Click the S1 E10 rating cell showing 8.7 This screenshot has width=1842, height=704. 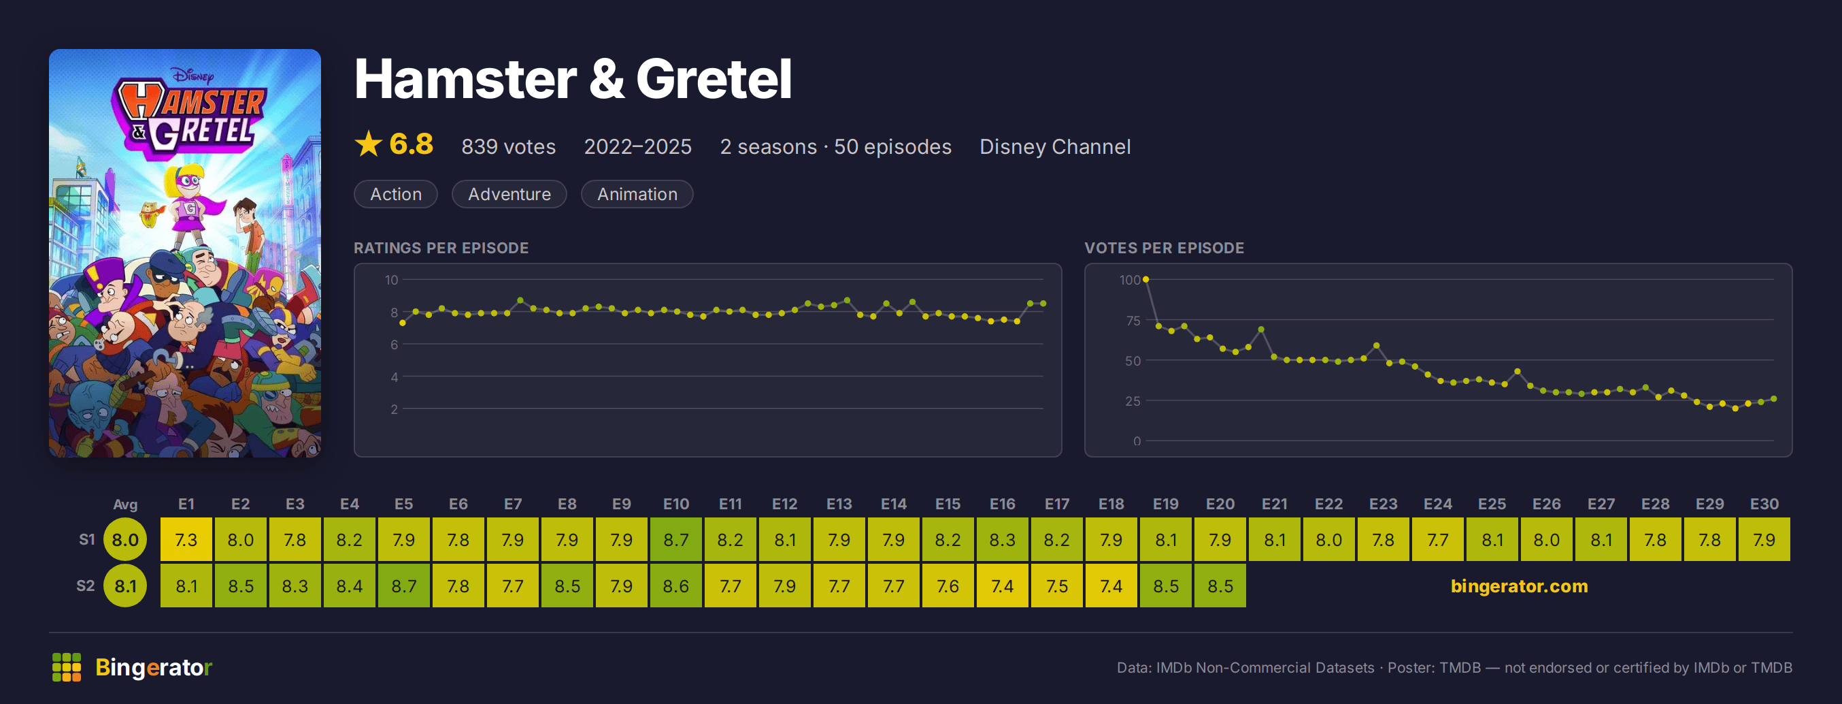coord(675,539)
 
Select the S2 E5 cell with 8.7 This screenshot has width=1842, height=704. coord(403,586)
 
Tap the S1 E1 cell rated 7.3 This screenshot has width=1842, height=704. coord(186,539)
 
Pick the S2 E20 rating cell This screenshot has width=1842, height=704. coord(1220,586)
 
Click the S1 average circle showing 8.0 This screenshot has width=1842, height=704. coord(125,539)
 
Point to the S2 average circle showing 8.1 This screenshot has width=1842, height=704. coord(125,586)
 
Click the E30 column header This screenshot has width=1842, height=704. coord(1764,505)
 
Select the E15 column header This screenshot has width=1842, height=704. coord(948,505)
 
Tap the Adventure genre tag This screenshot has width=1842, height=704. coord(509,194)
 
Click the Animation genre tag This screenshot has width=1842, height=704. coord(637,194)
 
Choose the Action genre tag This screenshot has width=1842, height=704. coord(395,194)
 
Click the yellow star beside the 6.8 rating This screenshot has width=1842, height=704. coord(368,144)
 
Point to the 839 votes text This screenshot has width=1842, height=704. coord(508,146)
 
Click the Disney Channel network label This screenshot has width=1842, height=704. coord(1055,146)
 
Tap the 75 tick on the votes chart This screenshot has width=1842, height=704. coord(1133,321)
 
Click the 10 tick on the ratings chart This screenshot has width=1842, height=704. coord(391,280)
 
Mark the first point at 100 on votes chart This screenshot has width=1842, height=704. coord(1145,279)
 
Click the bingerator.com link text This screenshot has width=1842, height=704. coord(1519,586)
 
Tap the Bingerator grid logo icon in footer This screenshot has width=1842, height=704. coord(67,667)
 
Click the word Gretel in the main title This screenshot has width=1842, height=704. coord(714,79)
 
